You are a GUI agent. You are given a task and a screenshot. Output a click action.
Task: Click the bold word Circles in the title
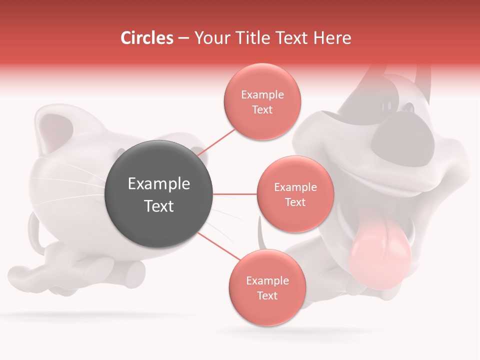click(147, 38)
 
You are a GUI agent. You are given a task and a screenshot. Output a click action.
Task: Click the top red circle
click(262, 101)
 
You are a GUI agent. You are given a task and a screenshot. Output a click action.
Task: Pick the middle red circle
click(295, 194)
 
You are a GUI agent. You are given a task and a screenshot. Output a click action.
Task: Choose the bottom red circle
click(267, 287)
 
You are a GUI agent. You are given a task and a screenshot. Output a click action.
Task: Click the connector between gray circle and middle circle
click(234, 194)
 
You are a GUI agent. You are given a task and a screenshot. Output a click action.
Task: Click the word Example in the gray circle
click(159, 184)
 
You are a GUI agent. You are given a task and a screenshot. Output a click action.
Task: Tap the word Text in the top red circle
click(262, 109)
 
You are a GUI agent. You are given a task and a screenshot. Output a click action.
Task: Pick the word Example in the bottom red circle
click(267, 280)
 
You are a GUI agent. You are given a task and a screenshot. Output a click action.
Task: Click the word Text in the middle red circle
click(295, 202)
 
